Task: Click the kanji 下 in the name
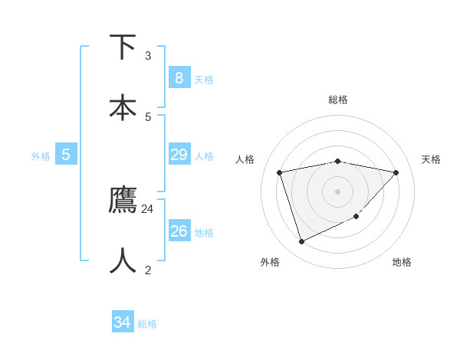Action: pos(123,47)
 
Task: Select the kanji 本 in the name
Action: pos(123,106)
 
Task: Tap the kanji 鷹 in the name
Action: pos(123,200)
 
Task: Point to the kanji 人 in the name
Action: pos(123,260)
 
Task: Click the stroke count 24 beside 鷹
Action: pos(148,209)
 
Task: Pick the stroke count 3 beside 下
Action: pos(148,55)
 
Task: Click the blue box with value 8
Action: pos(179,78)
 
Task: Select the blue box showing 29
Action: pos(179,155)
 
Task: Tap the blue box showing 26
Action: pos(179,231)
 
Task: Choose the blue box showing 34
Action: pos(123,322)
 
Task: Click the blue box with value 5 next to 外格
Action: pos(66,155)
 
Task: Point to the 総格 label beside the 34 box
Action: pos(147,324)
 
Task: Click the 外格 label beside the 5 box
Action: pos(41,156)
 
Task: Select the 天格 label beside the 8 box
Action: pos(204,80)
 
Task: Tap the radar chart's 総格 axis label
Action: pos(338,100)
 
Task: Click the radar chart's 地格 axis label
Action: pos(402,262)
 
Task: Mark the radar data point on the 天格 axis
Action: pos(396,172)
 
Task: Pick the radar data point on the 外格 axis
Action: pos(301,242)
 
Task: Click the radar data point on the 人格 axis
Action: pos(280,172)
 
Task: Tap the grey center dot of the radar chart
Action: pos(338,191)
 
